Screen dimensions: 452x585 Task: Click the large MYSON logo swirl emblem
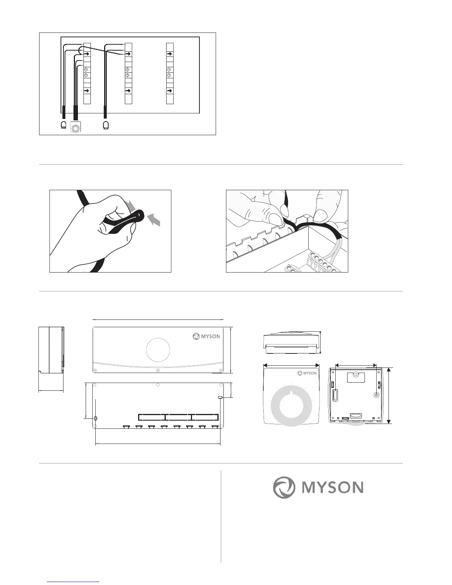[284, 487]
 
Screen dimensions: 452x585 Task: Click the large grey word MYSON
[332, 487]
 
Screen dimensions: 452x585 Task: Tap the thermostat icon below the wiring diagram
[76, 128]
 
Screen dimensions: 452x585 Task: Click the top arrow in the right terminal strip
[169, 54]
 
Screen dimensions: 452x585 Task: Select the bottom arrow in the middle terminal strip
[128, 90]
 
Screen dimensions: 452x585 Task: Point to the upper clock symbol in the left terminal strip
[87, 69]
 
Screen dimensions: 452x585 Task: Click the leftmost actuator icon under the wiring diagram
[64, 125]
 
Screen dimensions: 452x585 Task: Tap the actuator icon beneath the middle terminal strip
[106, 125]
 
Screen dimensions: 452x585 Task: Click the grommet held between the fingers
[140, 214]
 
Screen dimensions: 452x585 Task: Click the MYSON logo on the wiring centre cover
[206, 336]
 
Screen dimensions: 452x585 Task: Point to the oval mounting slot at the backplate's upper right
[220, 397]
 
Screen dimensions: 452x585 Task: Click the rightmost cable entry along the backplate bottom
[215, 427]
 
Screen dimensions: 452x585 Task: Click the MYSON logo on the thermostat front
[307, 373]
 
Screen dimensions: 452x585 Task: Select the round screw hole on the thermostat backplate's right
[376, 395]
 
